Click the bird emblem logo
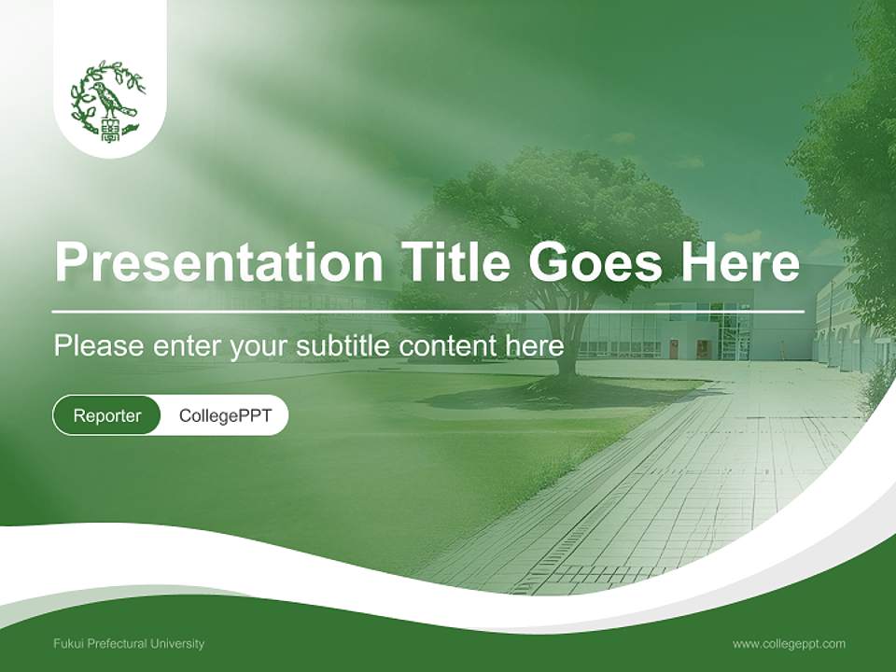pos(109,100)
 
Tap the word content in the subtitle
pos(450,346)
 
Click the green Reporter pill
pos(107,415)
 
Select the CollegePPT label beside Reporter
pos(225,415)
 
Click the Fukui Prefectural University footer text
pos(129,643)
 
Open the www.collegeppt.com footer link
pos(789,643)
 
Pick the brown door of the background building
pos(674,349)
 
